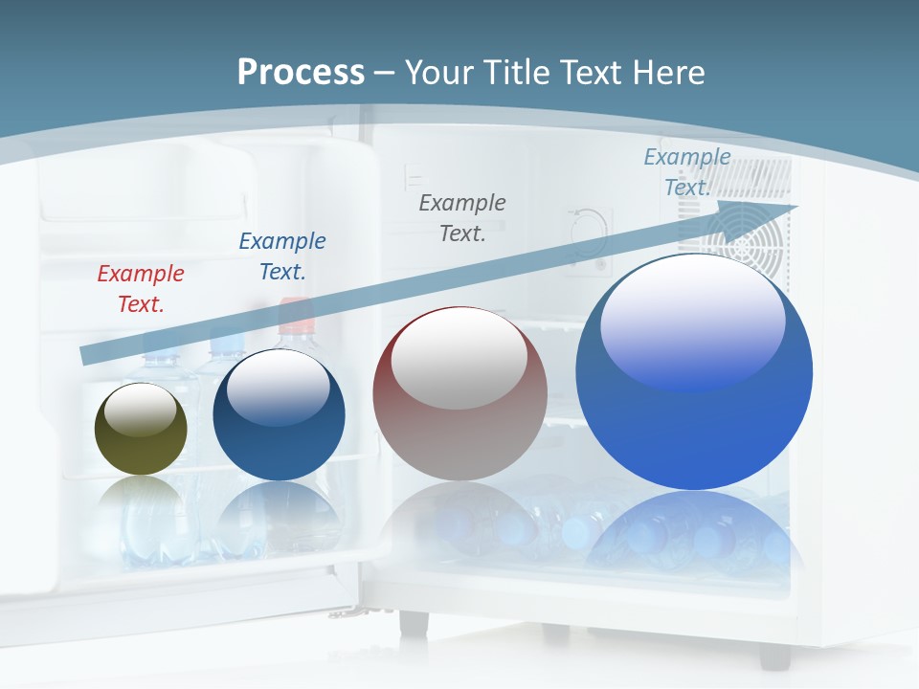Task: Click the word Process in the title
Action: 301,73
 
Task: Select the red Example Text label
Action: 140,289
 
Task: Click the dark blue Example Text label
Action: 281,256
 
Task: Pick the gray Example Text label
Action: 462,217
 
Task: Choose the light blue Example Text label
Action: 686,172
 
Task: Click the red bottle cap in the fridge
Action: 297,311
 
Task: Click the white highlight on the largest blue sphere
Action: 692,321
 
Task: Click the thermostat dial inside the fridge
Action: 586,230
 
